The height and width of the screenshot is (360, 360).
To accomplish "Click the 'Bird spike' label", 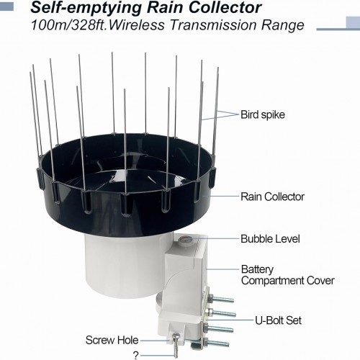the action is click(263, 114).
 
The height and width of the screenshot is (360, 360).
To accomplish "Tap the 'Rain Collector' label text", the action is click(272, 197).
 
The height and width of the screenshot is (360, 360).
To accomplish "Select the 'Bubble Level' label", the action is click(270, 239).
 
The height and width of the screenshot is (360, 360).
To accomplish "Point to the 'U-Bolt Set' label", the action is click(278, 320).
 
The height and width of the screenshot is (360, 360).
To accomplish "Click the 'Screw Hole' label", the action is click(112, 341).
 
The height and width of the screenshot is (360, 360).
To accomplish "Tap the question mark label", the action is click(136, 356).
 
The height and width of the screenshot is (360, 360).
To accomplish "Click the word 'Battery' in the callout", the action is click(257, 269).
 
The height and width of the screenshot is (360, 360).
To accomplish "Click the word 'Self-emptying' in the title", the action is click(86, 8).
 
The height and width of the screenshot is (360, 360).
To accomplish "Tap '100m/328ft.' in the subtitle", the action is click(69, 25).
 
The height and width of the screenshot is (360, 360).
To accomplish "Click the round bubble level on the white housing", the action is click(185, 239).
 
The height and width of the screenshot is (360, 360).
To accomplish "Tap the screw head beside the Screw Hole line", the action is click(176, 336).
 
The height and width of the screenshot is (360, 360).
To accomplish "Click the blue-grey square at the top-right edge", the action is click(353, 23).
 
